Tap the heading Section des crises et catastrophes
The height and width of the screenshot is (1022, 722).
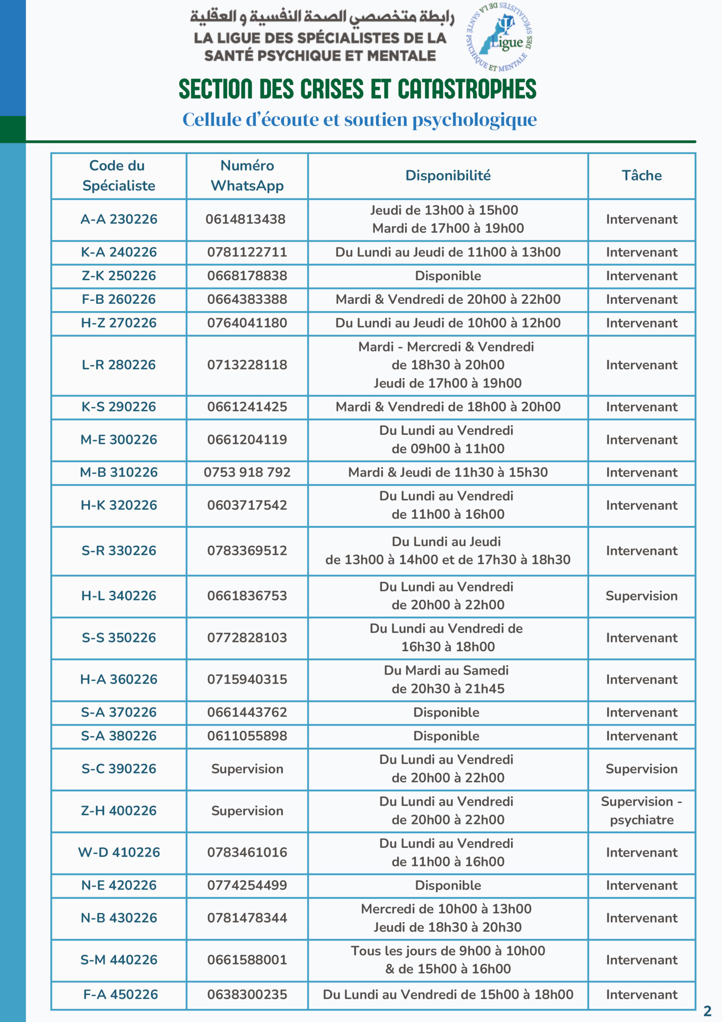pyautogui.click(x=357, y=89)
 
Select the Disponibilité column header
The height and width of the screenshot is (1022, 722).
pyautogui.click(x=448, y=175)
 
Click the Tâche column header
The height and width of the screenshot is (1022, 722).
pyautogui.click(x=641, y=175)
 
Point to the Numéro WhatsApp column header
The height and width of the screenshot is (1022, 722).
pyautogui.click(x=247, y=175)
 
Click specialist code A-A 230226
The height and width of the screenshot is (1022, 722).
pyautogui.click(x=119, y=219)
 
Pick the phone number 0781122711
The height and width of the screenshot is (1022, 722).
pyautogui.click(x=247, y=252)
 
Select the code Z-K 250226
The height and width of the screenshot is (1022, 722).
pyautogui.click(x=119, y=275)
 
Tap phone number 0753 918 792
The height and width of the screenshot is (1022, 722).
pyautogui.click(x=247, y=472)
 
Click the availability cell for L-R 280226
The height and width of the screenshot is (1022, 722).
pyautogui.click(x=448, y=364)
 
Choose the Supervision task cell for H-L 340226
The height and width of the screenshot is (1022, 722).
pyautogui.click(x=641, y=596)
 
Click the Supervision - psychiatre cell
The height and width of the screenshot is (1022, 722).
pyautogui.click(x=641, y=810)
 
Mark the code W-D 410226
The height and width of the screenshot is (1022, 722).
pyautogui.click(x=119, y=852)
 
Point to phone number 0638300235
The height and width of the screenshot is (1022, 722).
pyautogui.click(x=247, y=994)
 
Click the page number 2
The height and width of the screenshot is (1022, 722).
pyautogui.click(x=707, y=1010)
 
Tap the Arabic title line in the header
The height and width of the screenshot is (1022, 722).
pyautogui.click(x=322, y=17)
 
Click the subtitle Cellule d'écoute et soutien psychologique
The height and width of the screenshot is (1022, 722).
pyautogui.click(x=359, y=119)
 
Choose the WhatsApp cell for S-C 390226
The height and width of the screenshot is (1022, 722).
pyautogui.click(x=247, y=769)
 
